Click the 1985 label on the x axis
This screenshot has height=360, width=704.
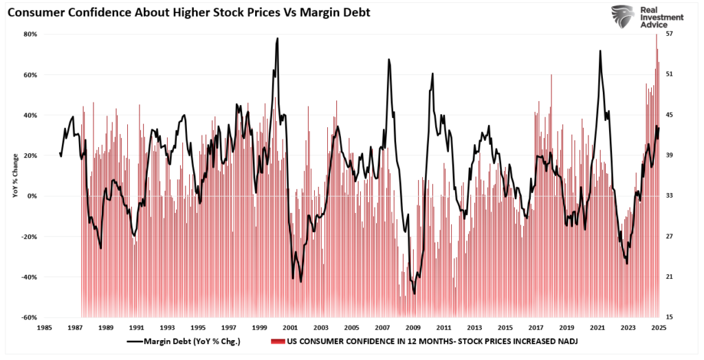coord(47,328)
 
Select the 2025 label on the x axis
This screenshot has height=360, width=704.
coord(658,328)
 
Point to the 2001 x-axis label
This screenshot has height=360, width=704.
coord(290,328)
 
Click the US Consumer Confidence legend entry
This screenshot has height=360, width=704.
coord(426,341)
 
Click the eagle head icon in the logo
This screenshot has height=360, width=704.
coord(622,17)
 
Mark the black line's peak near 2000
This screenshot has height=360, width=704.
coord(277,38)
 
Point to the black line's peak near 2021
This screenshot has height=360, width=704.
coord(600,51)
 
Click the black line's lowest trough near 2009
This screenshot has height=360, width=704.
coord(415,293)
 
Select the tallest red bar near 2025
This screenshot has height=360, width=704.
coord(657,34)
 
